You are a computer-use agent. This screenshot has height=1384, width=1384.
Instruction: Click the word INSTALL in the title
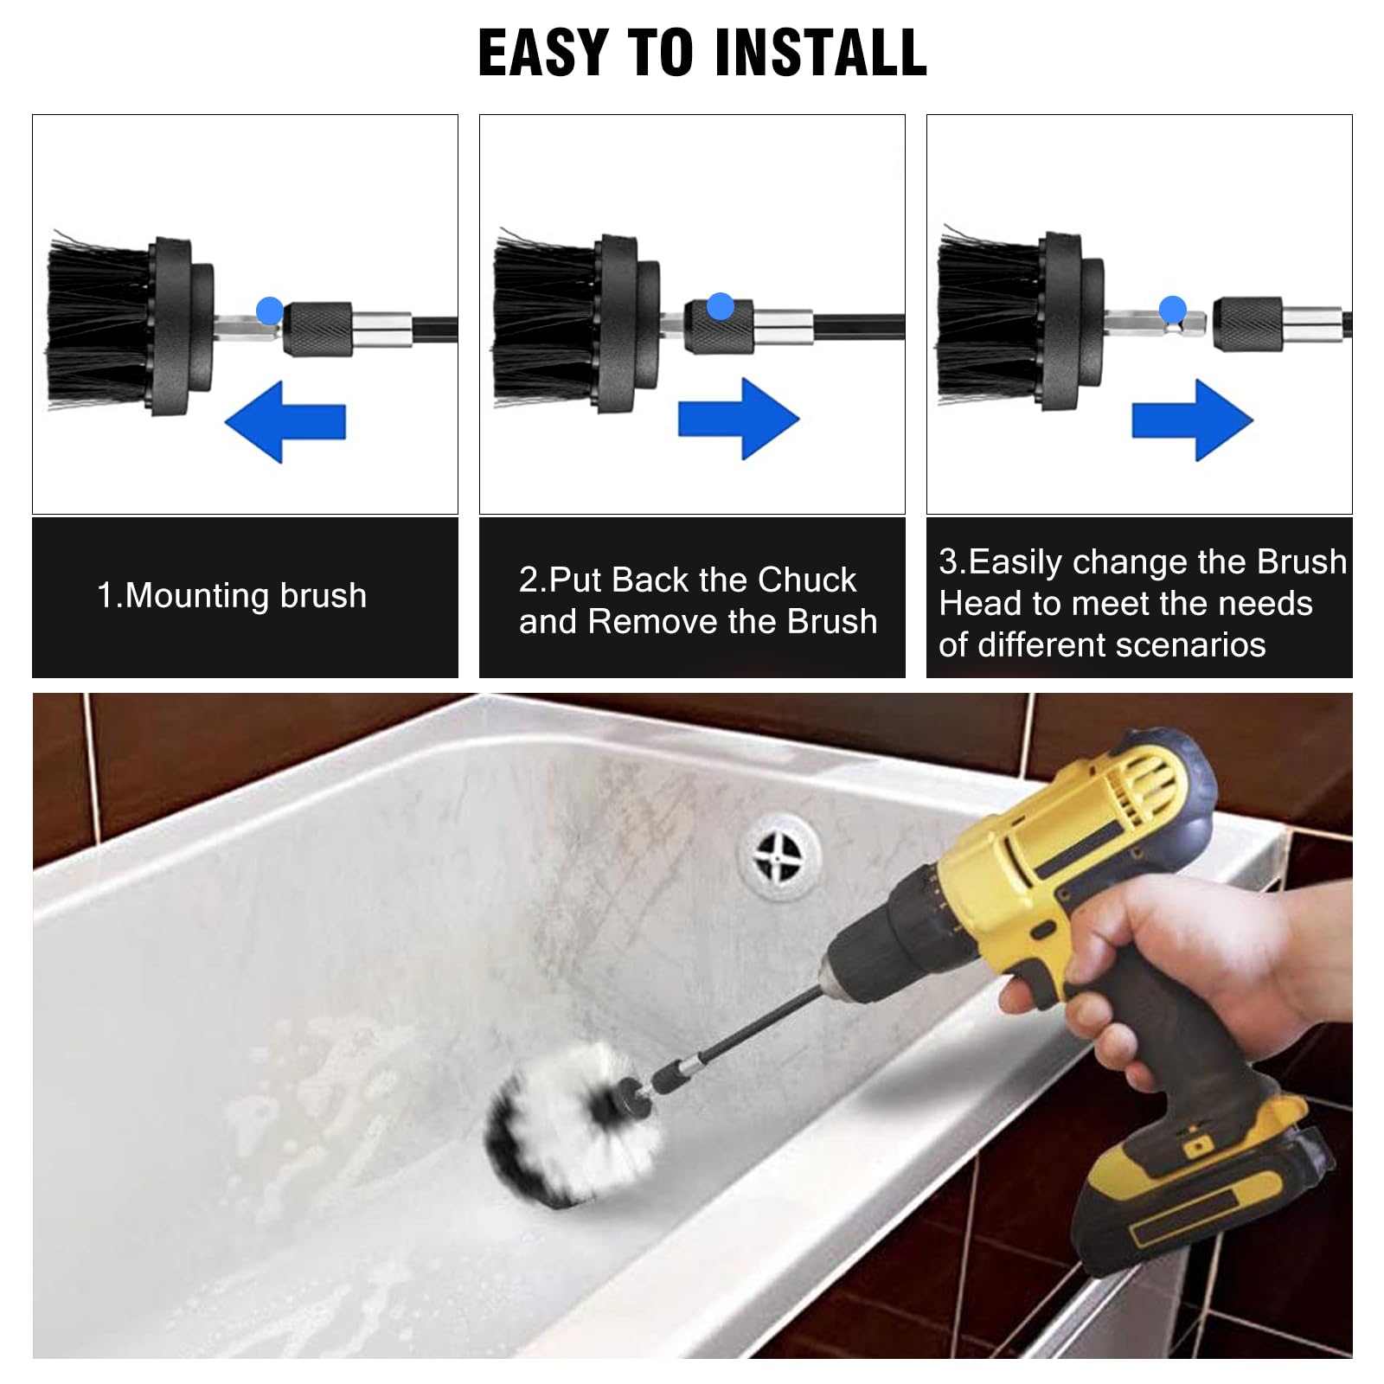tap(822, 54)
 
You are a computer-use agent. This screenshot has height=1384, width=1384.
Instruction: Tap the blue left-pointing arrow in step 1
tap(285, 421)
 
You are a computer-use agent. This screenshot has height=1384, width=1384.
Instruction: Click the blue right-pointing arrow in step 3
tap(1192, 420)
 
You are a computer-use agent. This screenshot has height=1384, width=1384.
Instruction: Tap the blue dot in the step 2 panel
tap(720, 305)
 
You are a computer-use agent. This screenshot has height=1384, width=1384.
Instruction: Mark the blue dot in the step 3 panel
tap(1172, 309)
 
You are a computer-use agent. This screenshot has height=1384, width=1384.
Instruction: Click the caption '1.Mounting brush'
tap(232, 596)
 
